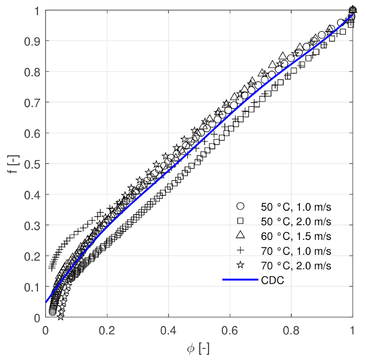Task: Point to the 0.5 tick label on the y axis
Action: (x=34, y=164)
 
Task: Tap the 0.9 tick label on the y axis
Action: (x=34, y=41)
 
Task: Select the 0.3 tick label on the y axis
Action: (x=34, y=226)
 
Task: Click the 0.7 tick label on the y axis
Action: (x=34, y=103)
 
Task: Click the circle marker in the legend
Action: (x=241, y=206)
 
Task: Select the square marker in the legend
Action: (x=241, y=220)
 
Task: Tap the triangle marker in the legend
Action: (x=241, y=235)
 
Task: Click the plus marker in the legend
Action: (x=241, y=250)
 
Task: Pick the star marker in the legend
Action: (x=241, y=265)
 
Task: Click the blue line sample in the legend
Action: (x=241, y=280)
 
